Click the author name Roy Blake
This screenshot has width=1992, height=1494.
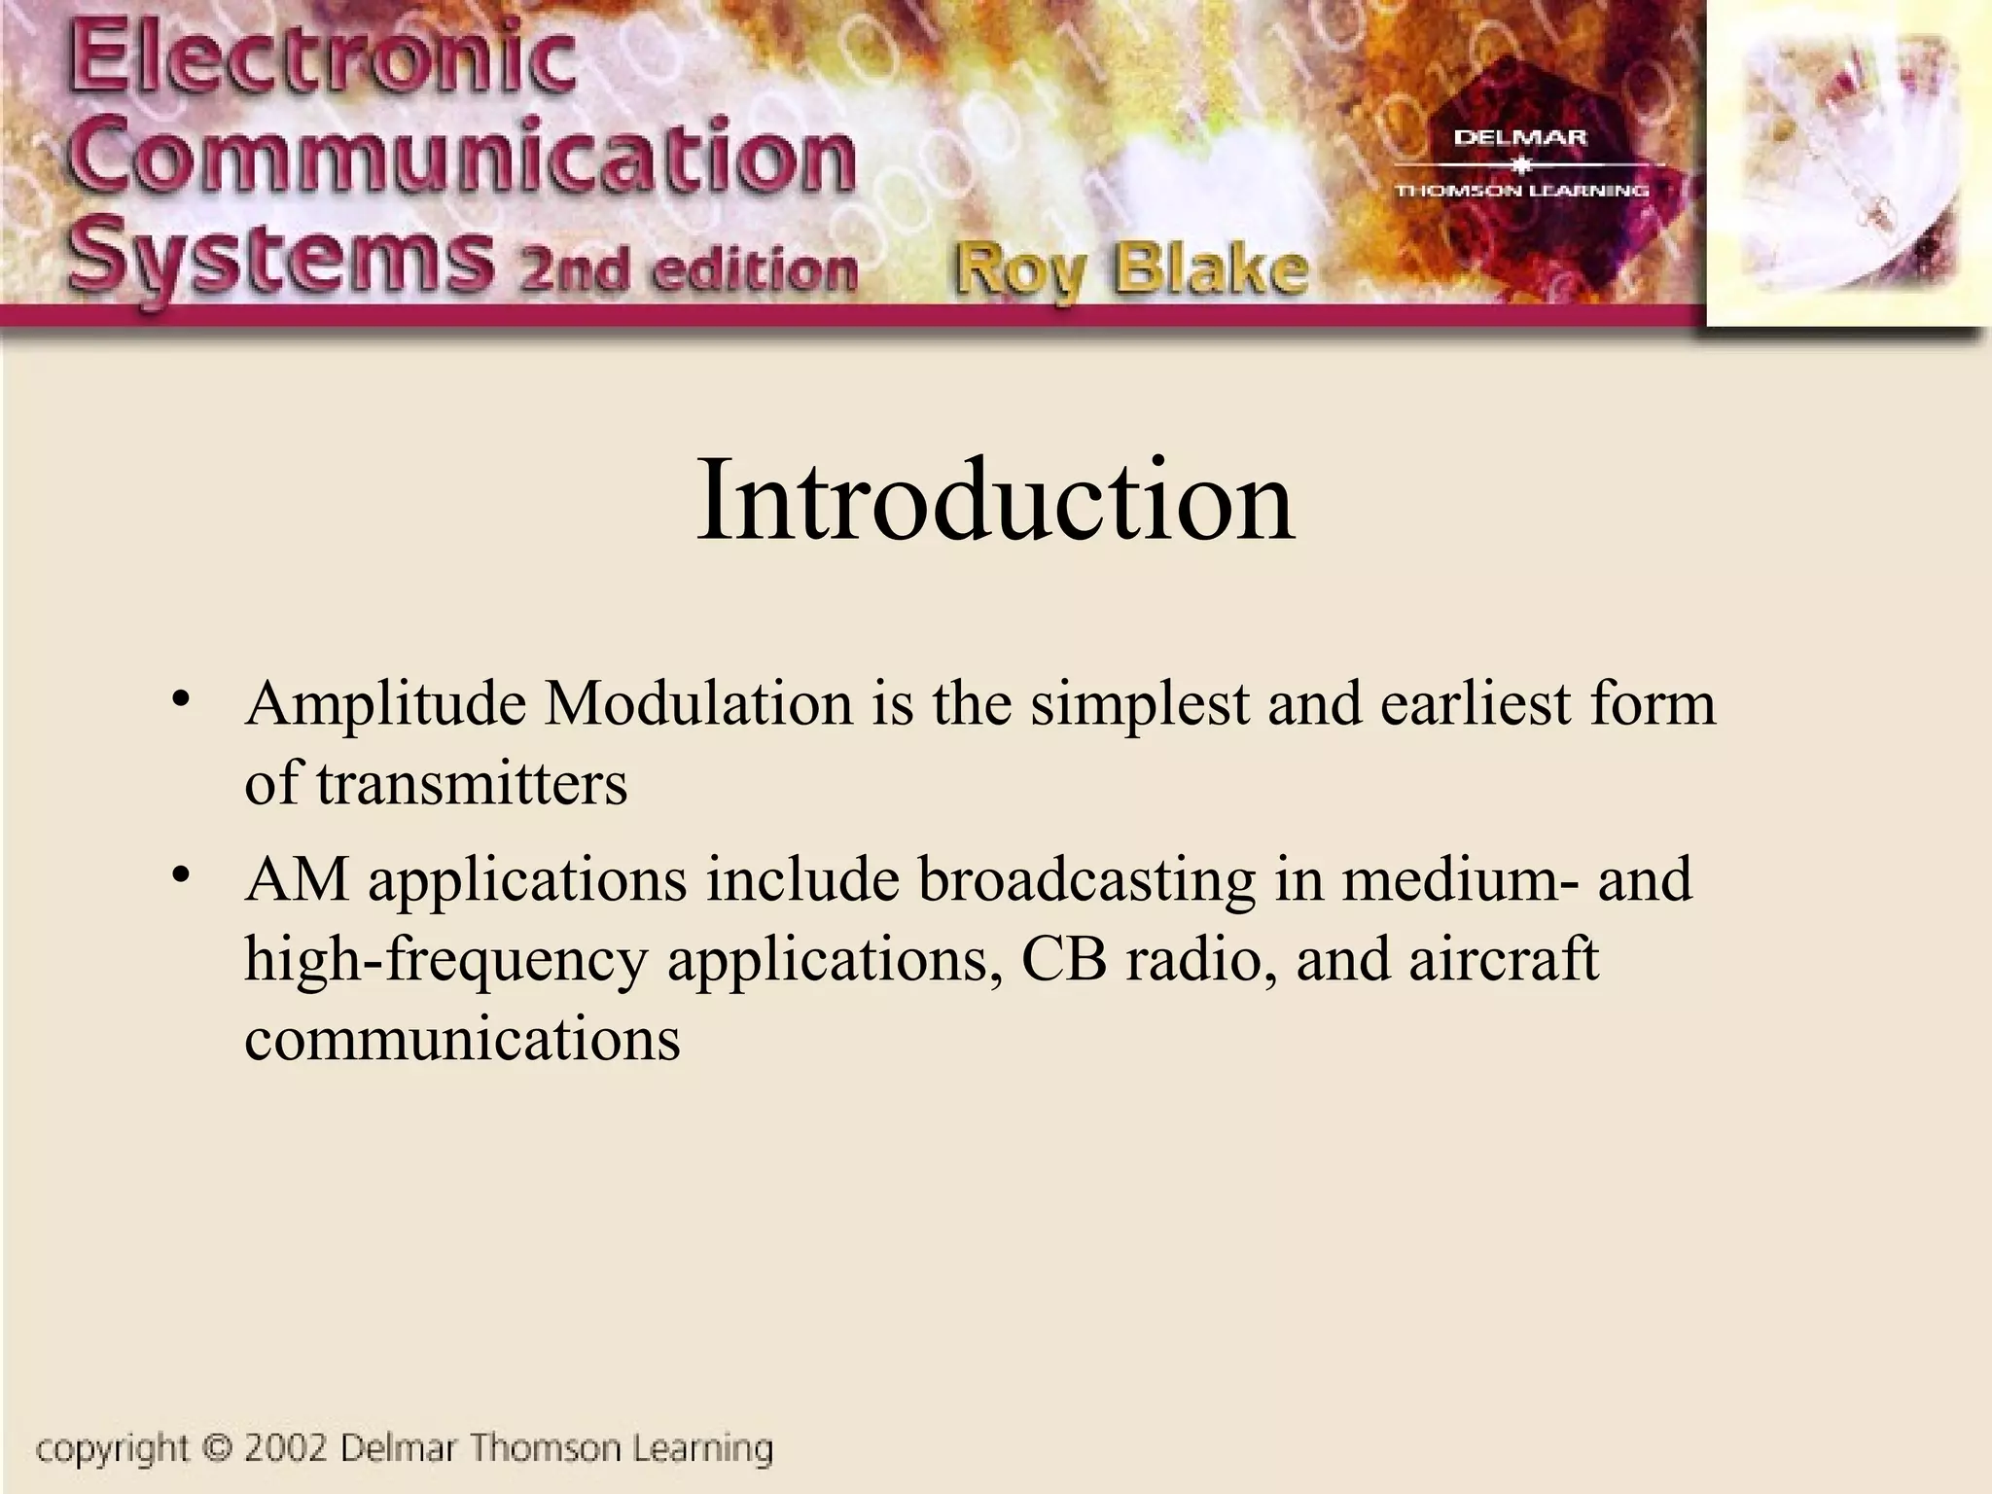(x=1129, y=271)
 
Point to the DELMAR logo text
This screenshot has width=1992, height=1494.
(x=1519, y=138)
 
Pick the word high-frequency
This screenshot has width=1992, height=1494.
(x=445, y=961)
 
